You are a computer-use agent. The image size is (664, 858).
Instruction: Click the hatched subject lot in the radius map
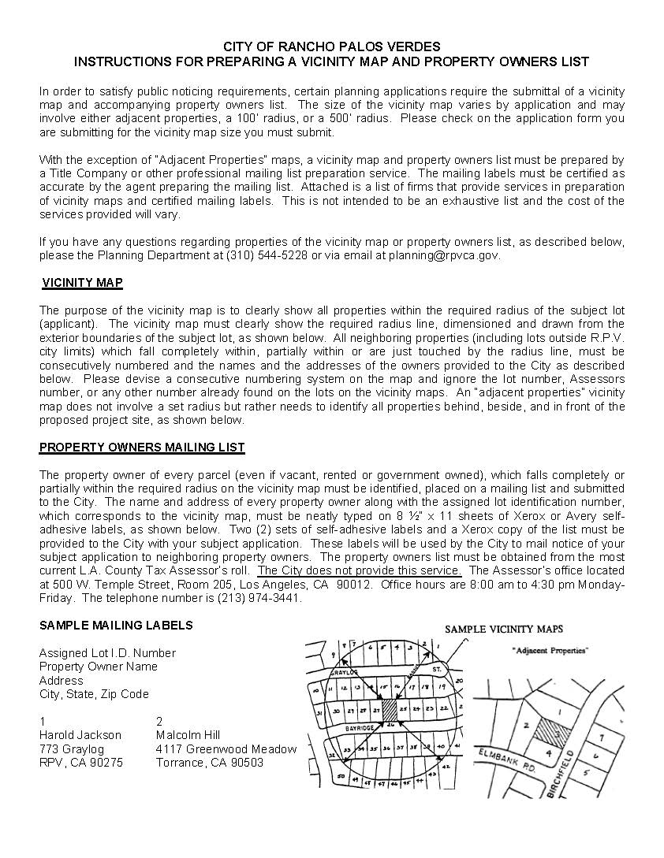pyautogui.click(x=390, y=707)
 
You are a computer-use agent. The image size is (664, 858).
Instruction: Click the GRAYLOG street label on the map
pyautogui.click(x=345, y=672)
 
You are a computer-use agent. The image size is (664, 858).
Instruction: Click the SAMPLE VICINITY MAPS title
pyautogui.click(x=504, y=630)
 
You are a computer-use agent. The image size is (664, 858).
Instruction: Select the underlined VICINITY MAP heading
pyautogui.click(x=82, y=283)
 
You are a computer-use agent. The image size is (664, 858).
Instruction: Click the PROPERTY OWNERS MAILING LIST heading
pyautogui.click(x=142, y=448)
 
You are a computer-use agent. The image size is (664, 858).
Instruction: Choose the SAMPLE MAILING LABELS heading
pyautogui.click(x=116, y=626)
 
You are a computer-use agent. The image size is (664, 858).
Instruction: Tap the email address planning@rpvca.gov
pyautogui.click(x=443, y=255)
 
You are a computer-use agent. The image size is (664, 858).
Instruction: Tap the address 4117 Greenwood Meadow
pyautogui.click(x=226, y=749)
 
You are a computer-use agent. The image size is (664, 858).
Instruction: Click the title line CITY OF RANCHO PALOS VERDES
pyautogui.click(x=331, y=47)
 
